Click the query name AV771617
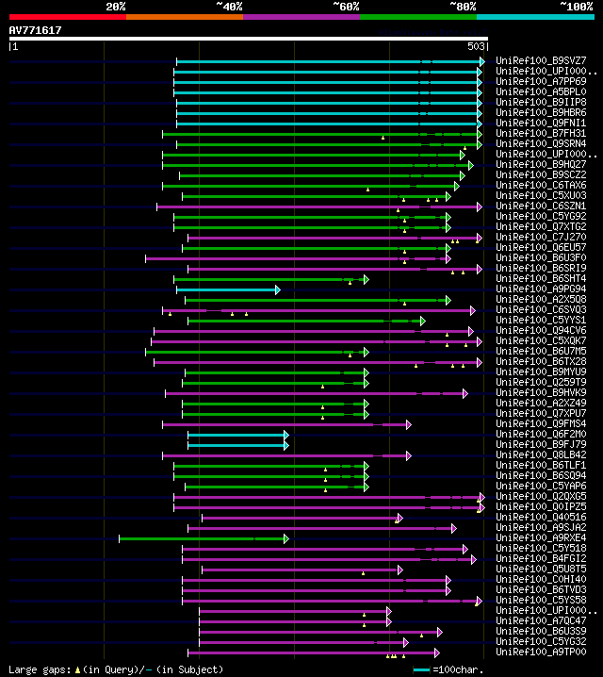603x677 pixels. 35,31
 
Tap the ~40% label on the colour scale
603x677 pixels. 229,7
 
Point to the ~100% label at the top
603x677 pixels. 576,7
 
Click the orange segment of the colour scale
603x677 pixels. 184,16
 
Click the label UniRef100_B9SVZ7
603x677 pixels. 539,61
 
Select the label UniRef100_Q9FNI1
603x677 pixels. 539,124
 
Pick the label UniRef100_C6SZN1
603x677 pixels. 539,206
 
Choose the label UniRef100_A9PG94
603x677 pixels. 539,289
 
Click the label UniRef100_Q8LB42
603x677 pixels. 539,455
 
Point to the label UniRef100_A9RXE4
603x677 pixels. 539,538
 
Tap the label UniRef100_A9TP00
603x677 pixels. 539,652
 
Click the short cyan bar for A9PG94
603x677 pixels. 226,289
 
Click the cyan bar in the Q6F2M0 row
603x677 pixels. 236,435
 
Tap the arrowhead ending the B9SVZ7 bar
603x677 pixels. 481,61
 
